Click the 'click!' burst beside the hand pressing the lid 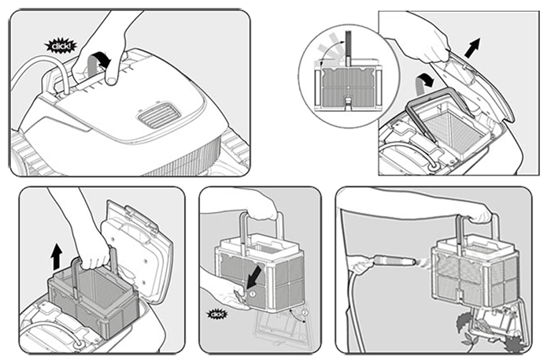click(58, 46)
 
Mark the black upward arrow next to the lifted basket click(55, 254)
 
